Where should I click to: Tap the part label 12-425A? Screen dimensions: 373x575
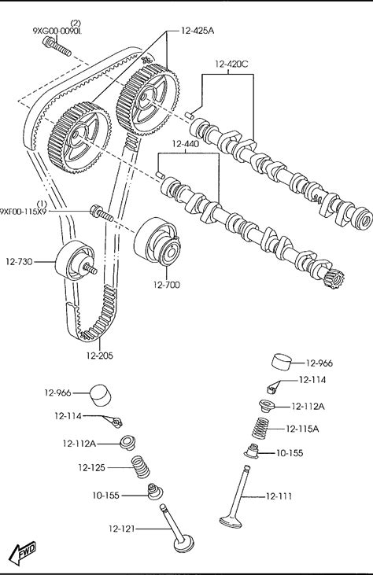point(197,31)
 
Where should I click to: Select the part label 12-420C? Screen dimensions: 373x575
point(231,65)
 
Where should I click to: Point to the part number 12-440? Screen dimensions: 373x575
point(185,144)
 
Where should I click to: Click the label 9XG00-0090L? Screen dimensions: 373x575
point(57,31)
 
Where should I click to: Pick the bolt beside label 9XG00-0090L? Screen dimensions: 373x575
point(57,48)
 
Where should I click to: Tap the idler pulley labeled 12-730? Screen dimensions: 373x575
point(76,260)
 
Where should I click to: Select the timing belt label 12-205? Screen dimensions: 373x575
point(100,356)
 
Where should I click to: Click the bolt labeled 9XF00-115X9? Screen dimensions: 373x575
point(102,213)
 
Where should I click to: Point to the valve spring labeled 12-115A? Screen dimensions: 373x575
point(261,428)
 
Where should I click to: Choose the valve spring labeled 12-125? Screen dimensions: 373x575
point(141,466)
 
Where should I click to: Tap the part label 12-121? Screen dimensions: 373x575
point(121,529)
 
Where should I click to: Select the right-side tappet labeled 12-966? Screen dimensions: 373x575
point(283,363)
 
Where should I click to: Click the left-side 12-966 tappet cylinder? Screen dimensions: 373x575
point(100,396)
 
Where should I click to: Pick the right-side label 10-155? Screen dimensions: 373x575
point(290,453)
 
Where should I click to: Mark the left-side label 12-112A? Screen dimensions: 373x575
point(79,444)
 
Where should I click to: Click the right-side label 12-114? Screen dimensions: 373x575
point(312,380)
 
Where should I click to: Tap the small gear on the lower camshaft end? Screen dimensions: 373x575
point(334,278)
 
